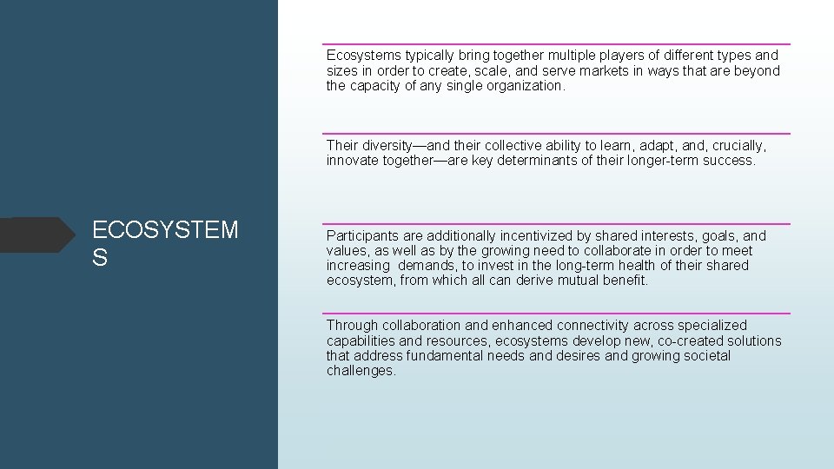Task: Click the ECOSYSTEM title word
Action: tap(165, 230)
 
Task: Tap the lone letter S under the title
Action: tap(100, 258)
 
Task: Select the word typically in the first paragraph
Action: tap(434, 56)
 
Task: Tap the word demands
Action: tap(429, 265)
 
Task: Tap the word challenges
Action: tap(361, 371)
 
